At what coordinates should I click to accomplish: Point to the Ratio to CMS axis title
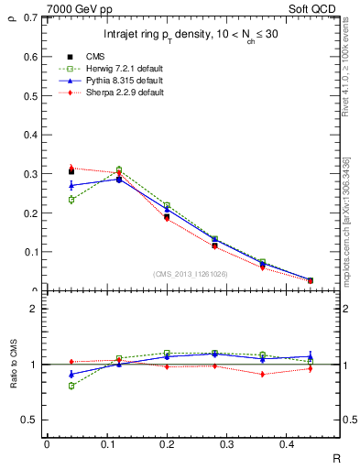tap(14, 366)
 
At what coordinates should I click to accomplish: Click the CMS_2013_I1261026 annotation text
tap(191, 273)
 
